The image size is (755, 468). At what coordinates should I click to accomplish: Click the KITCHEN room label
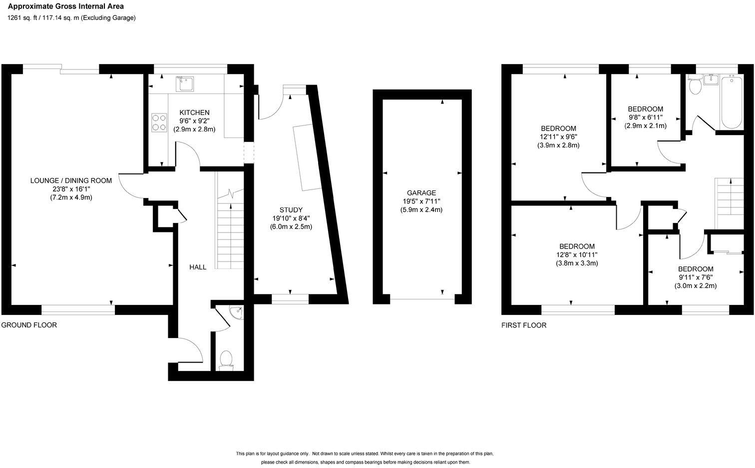(194, 112)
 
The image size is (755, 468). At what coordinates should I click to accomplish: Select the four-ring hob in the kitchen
(159, 122)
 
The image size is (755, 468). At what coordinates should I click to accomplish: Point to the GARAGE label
(421, 192)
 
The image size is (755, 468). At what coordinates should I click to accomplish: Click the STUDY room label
(291, 209)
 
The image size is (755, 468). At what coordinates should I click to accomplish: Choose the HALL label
(198, 267)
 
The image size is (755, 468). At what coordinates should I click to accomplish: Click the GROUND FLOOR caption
(29, 325)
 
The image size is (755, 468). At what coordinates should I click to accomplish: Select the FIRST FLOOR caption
(524, 325)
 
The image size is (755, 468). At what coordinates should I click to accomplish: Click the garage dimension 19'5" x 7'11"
(421, 201)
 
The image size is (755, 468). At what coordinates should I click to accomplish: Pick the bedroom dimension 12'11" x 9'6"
(558, 136)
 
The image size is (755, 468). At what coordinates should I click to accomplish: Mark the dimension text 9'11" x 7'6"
(696, 277)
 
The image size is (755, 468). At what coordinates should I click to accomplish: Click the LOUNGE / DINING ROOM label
(71, 180)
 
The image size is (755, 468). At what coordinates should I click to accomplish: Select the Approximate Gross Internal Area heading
(65, 6)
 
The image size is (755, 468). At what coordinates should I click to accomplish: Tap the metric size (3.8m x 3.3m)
(577, 263)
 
